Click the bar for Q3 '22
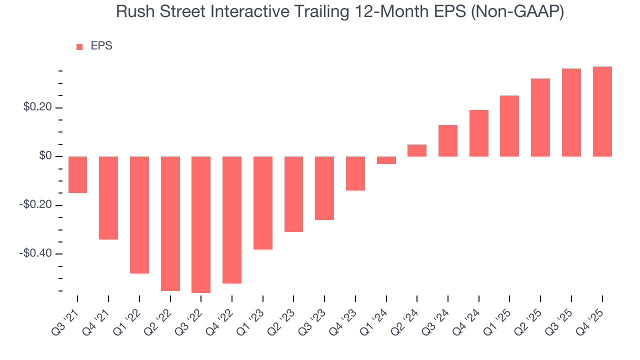tap(201, 224)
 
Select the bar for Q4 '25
tap(602, 111)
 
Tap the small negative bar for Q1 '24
tap(386, 160)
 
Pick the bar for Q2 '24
tap(417, 150)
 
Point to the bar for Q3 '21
tap(77, 174)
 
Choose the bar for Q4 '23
tap(355, 173)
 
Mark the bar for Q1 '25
tap(509, 126)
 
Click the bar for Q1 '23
tap(263, 203)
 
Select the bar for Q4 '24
tap(479, 133)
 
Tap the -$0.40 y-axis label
tap(35, 253)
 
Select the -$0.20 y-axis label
tap(35, 205)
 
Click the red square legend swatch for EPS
tap(79, 47)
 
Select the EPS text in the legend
tap(101, 46)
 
